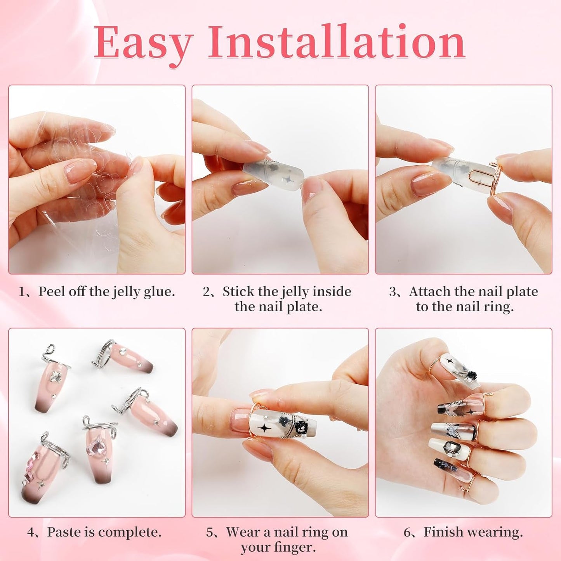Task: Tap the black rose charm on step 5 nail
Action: (300, 427)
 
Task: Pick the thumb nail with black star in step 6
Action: (455, 367)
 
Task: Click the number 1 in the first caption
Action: (22, 292)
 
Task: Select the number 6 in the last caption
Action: (407, 532)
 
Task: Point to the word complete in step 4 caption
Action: (134, 533)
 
